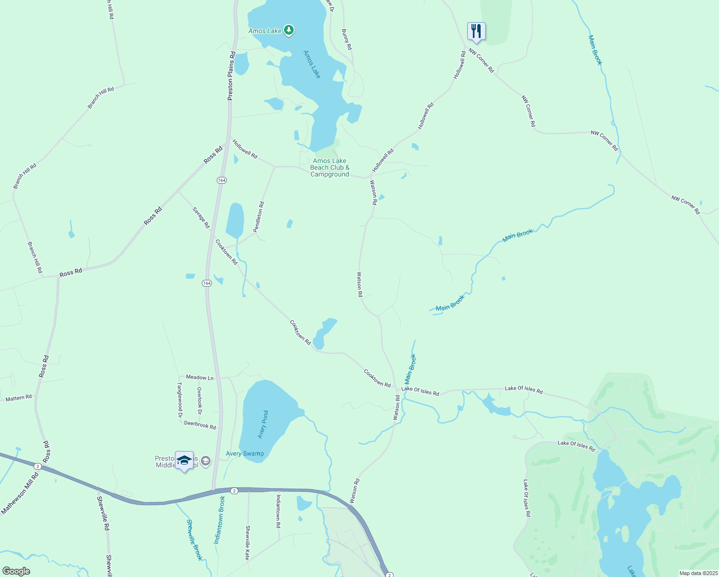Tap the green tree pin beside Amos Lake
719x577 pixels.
click(x=288, y=31)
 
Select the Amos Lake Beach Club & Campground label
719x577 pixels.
click(x=330, y=168)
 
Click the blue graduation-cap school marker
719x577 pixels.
click(x=185, y=461)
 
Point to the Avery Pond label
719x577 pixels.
click(x=263, y=425)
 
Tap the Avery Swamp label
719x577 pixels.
click(x=245, y=453)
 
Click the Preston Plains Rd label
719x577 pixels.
click(x=232, y=75)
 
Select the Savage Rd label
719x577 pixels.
click(x=201, y=217)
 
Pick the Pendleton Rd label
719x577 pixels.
click(x=259, y=217)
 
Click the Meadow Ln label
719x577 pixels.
click(x=199, y=377)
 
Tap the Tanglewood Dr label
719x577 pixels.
click(x=180, y=400)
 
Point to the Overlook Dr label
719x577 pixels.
click(x=199, y=401)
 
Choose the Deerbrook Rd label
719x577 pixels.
click(x=200, y=425)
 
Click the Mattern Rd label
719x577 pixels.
click(x=18, y=398)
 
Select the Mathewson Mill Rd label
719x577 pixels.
click(x=20, y=494)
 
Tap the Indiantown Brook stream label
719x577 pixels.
click(x=220, y=520)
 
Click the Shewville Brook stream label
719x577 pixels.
click(x=195, y=540)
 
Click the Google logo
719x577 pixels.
click(x=16, y=571)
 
